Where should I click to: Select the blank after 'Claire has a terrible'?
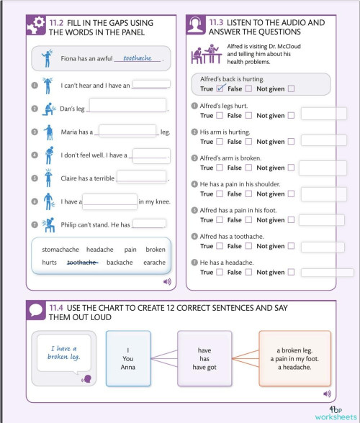tap(141, 177)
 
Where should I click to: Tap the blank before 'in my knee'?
tap(109, 201)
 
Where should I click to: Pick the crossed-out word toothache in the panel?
tap(82, 263)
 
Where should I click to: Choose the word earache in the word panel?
tap(154, 263)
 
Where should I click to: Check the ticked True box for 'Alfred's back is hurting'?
tap(221, 89)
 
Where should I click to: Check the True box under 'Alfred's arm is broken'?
tap(220, 168)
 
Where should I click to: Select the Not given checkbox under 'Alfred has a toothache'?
tap(291, 246)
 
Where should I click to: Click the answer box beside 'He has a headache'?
tap(326, 273)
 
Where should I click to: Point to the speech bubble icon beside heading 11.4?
tap(36, 309)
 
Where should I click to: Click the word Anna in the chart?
tap(128, 368)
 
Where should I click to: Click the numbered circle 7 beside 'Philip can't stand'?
tap(35, 224)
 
